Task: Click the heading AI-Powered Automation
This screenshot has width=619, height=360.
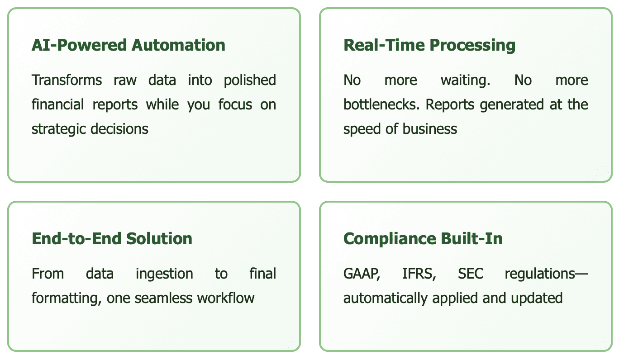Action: pyautogui.click(x=128, y=45)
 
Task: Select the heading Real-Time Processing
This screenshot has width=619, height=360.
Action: pyautogui.click(x=429, y=45)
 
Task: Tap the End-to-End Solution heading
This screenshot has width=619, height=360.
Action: pyautogui.click(x=112, y=238)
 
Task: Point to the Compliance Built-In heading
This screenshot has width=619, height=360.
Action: pyautogui.click(x=423, y=238)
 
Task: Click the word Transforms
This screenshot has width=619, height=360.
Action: pyautogui.click(x=61, y=80)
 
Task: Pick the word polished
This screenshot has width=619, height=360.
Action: pyautogui.click(x=250, y=80)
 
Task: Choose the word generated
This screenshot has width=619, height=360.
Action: pyautogui.click(x=507, y=104)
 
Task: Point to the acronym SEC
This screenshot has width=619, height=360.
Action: pyautogui.click(x=471, y=274)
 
